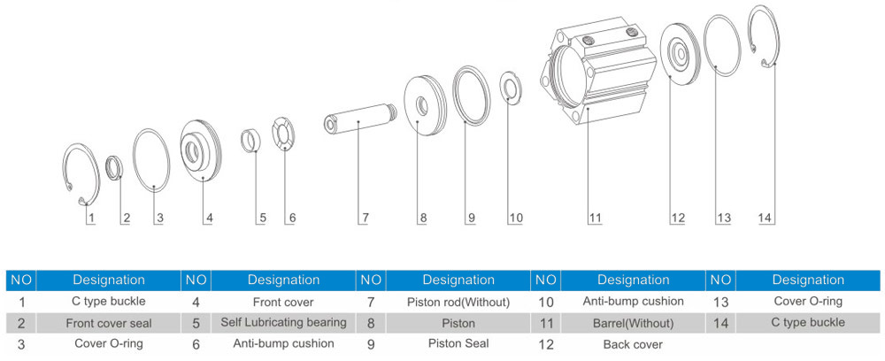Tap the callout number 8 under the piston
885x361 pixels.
point(423,217)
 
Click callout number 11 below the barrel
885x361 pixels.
point(595,217)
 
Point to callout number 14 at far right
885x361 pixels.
point(766,217)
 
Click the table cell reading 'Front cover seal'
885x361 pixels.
point(108,322)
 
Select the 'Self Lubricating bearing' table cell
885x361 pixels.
point(283,322)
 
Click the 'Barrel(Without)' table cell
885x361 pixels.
point(632,322)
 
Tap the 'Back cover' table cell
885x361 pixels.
point(632,343)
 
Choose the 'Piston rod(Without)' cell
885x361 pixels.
point(458,302)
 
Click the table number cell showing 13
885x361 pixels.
point(721,302)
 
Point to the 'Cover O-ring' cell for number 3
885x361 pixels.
point(108,342)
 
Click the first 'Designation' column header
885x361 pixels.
point(108,280)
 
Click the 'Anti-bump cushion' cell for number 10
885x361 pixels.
point(632,302)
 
